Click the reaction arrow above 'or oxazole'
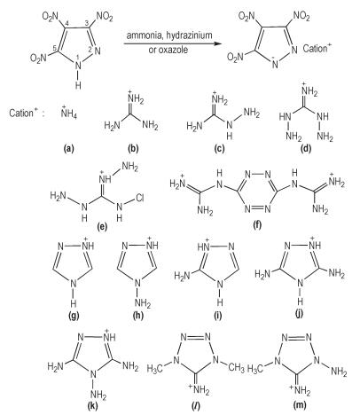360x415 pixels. click(x=173, y=43)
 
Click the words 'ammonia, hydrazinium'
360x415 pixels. click(x=169, y=35)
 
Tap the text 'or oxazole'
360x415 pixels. click(x=168, y=50)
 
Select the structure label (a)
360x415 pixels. click(x=69, y=149)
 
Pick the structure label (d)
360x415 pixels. click(x=306, y=149)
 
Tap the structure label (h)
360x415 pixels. click(x=137, y=316)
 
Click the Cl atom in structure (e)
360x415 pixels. click(x=139, y=198)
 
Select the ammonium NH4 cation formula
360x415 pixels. click(x=69, y=113)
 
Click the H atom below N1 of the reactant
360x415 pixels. click(x=78, y=85)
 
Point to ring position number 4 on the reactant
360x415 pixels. click(x=67, y=24)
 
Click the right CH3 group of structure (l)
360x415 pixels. click(x=236, y=369)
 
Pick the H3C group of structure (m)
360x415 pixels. click(x=256, y=368)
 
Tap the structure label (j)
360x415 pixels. click(x=299, y=314)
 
